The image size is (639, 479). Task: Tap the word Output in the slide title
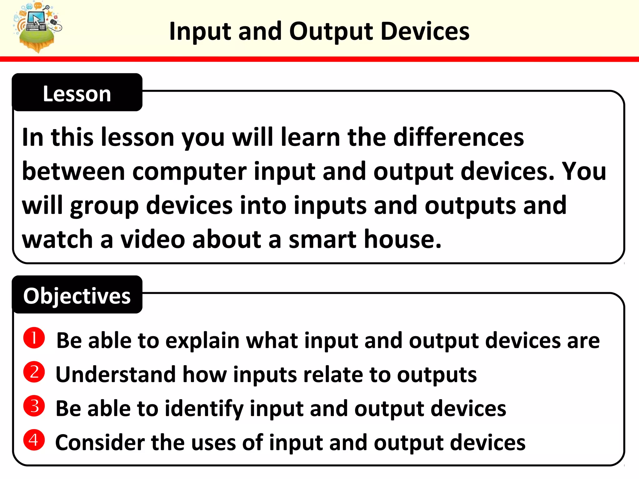(331, 31)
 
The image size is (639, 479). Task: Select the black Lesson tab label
(77, 93)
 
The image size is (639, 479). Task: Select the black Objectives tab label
(77, 295)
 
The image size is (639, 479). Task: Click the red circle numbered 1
(34, 338)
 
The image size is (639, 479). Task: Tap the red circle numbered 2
(34, 372)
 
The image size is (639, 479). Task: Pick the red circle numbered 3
(34, 406)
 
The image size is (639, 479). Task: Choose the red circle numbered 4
(34, 440)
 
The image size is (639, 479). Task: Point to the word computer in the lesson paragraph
(189, 172)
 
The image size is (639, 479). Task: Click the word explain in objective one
(202, 341)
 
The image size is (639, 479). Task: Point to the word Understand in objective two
(115, 375)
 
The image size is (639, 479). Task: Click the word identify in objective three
(204, 409)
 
